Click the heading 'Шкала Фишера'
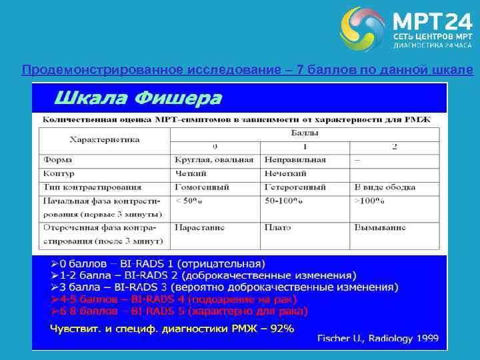[137, 99]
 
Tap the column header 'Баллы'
[305, 133]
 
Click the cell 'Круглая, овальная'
[214, 160]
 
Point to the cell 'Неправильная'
[295, 160]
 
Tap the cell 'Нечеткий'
[285, 173]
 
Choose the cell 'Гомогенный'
[202, 187]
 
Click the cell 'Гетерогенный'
[295, 187]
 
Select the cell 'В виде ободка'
[384, 187]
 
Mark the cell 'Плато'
[277, 227]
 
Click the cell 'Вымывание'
[379, 227]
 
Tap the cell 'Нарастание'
[199, 227]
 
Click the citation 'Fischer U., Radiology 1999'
[377, 338]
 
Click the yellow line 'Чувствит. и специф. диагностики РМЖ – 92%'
[172, 329]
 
